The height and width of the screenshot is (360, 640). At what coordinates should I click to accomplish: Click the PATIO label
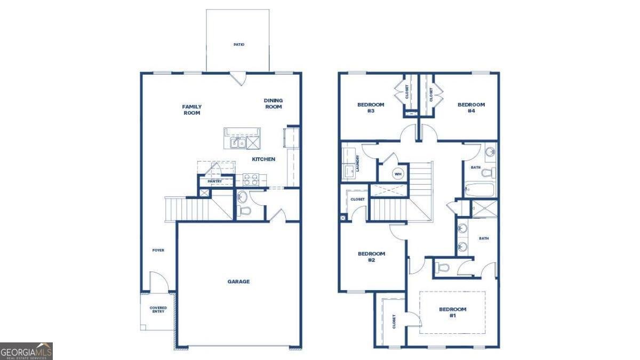(238, 44)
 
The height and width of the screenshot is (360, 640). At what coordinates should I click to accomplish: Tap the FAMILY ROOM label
(192, 110)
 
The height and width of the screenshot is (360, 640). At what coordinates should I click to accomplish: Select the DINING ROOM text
(273, 103)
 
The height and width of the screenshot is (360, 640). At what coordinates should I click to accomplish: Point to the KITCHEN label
(263, 159)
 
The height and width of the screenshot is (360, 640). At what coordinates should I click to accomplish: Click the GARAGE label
(238, 282)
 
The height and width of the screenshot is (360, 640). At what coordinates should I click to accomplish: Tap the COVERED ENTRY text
(158, 309)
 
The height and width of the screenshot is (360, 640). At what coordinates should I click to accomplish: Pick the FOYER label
(158, 250)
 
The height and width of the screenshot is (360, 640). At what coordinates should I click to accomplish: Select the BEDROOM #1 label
(452, 312)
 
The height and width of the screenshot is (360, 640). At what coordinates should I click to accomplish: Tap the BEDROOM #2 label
(371, 257)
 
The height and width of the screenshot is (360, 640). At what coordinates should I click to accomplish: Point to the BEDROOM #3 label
(370, 108)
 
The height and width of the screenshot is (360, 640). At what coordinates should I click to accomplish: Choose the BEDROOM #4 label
(471, 108)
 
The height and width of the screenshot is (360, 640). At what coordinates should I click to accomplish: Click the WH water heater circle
(398, 174)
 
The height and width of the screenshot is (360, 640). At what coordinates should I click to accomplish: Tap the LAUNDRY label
(358, 163)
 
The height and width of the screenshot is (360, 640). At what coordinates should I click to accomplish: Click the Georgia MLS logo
(26, 351)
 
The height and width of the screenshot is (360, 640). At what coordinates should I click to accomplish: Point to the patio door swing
(239, 79)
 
